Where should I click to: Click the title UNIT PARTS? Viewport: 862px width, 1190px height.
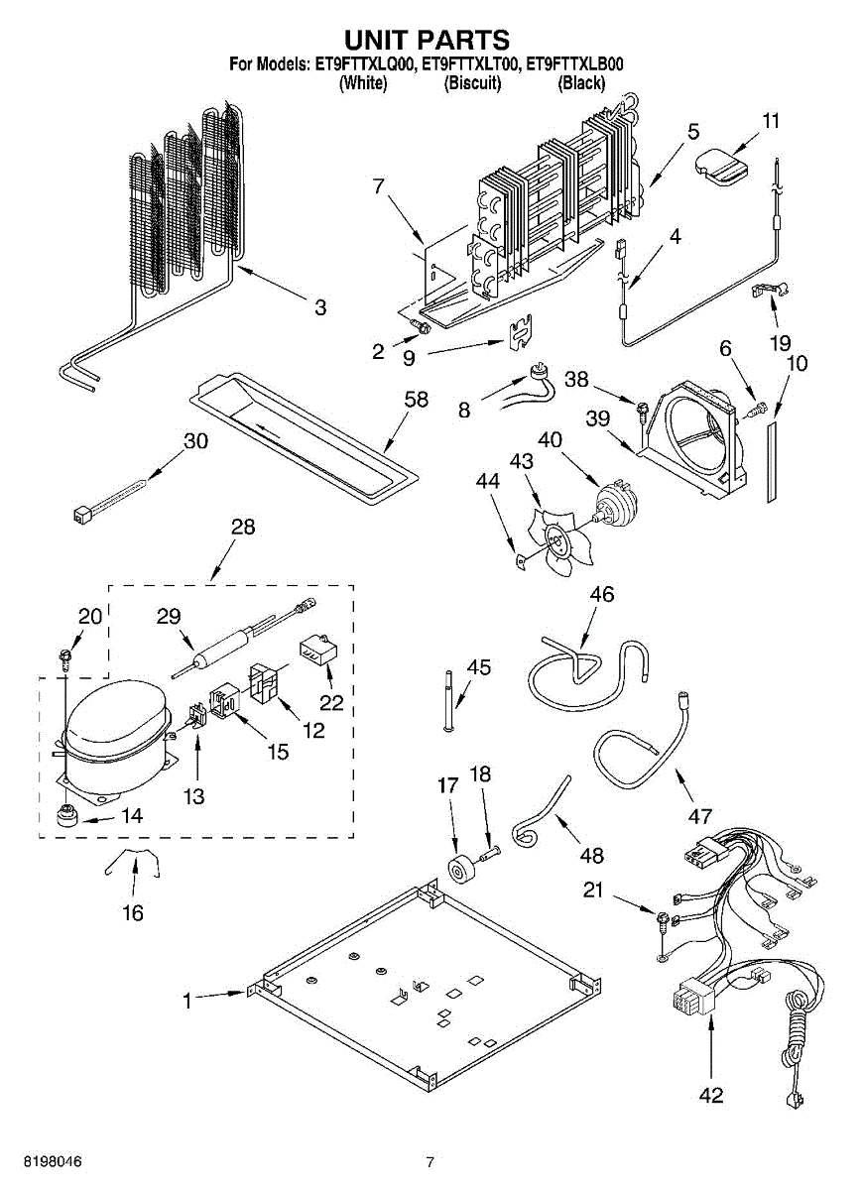[427, 40]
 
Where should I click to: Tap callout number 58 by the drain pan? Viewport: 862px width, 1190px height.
[417, 400]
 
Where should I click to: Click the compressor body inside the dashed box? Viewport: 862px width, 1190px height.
[109, 729]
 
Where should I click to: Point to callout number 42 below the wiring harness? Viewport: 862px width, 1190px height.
[711, 1095]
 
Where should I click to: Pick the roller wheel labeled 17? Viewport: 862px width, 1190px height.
[461, 870]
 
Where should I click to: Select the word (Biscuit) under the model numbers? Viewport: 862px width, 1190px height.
[472, 83]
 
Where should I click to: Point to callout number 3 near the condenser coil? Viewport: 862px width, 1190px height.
[319, 307]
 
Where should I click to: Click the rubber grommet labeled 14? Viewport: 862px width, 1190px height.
[68, 817]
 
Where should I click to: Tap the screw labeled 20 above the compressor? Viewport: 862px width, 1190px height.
[63, 655]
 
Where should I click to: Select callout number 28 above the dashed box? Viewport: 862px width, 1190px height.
[242, 527]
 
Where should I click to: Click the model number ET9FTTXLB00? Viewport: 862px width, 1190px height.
[575, 66]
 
